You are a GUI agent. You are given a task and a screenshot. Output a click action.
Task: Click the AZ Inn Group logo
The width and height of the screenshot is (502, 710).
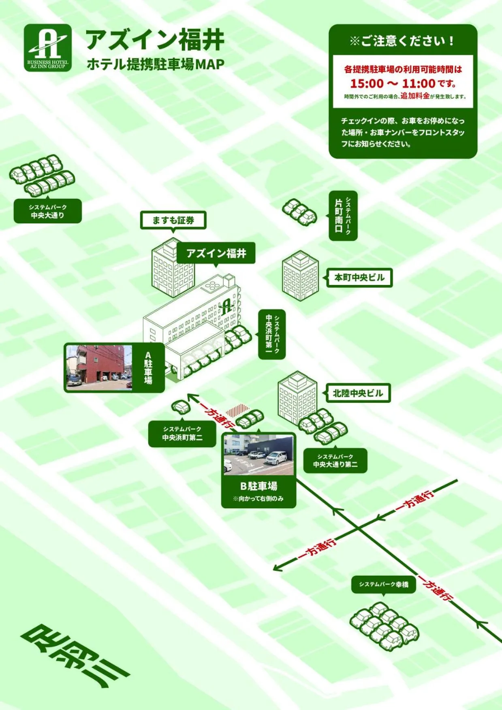(x=48, y=48)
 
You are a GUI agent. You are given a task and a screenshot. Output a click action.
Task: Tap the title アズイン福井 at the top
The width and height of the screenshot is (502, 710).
(x=154, y=40)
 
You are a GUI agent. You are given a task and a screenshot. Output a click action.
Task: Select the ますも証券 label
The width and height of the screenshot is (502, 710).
(x=173, y=220)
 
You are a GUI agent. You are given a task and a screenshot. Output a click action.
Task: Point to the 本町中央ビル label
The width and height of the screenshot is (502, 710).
(x=359, y=278)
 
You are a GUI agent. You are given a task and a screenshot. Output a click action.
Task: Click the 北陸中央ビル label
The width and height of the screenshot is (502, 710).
(x=358, y=393)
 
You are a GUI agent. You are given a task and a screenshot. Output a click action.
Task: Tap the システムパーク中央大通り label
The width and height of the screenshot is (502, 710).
(x=48, y=211)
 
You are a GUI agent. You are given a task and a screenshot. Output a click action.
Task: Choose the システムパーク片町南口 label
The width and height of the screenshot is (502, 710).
(x=343, y=216)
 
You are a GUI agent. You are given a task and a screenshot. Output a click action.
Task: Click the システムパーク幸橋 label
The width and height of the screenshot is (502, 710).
(x=383, y=585)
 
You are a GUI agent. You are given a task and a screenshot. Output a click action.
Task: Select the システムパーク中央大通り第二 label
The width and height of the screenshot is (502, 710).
(x=335, y=461)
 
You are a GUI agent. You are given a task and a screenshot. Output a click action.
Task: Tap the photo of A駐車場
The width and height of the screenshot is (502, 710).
(x=99, y=367)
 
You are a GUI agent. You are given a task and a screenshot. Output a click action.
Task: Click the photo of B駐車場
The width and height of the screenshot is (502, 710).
(x=258, y=455)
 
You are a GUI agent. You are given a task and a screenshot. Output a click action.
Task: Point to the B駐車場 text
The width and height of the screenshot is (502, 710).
(x=258, y=486)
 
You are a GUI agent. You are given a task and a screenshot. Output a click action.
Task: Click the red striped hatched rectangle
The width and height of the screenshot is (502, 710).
(x=237, y=411)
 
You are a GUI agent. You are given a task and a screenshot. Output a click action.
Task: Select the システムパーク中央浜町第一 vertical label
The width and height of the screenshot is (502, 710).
(x=272, y=334)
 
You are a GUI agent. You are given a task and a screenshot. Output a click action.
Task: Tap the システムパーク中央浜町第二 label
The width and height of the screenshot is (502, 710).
(x=182, y=433)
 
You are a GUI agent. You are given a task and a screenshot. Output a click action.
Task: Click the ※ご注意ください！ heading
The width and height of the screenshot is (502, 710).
(x=402, y=41)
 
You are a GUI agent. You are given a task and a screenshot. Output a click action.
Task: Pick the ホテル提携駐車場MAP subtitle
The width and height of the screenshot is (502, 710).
(x=155, y=64)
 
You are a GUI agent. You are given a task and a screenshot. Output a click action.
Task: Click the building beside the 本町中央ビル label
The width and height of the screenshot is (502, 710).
(x=300, y=276)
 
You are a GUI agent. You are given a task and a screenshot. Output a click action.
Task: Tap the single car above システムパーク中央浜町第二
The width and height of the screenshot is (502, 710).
(x=181, y=406)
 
